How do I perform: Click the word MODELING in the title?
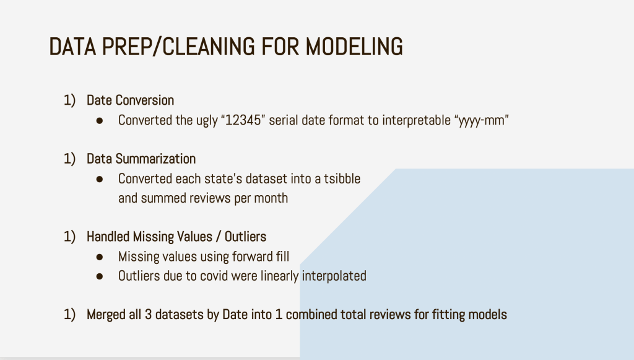pyautogui.click(x=354, y=46)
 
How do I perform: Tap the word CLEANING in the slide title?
pyautogui.click(x=209, y=46)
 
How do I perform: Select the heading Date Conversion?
pyautogui.click(x=130, y=100)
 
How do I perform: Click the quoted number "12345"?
pyautogui.click(x=243, y=120)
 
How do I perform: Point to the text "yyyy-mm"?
pyautogui.click(x=482, y=121)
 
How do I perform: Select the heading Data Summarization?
pyautogui.click(x=141, y=159)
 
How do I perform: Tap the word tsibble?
pyautogui.click(x=342, y=178)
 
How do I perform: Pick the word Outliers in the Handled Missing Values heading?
pyautogui.click(x=245, y=237)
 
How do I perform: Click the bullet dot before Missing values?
pyautogui.click(x=100, y=257)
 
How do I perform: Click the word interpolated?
pyautogui.click(x=334, y=276)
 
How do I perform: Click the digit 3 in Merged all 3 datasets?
pyautogui.click(x=148, y=315)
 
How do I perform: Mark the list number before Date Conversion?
pyautogui.click(x=69, y=100)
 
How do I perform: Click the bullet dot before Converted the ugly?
pyautogui.click(x=100, y=121)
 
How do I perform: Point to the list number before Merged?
pyautogui.click(x=69, y=315)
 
